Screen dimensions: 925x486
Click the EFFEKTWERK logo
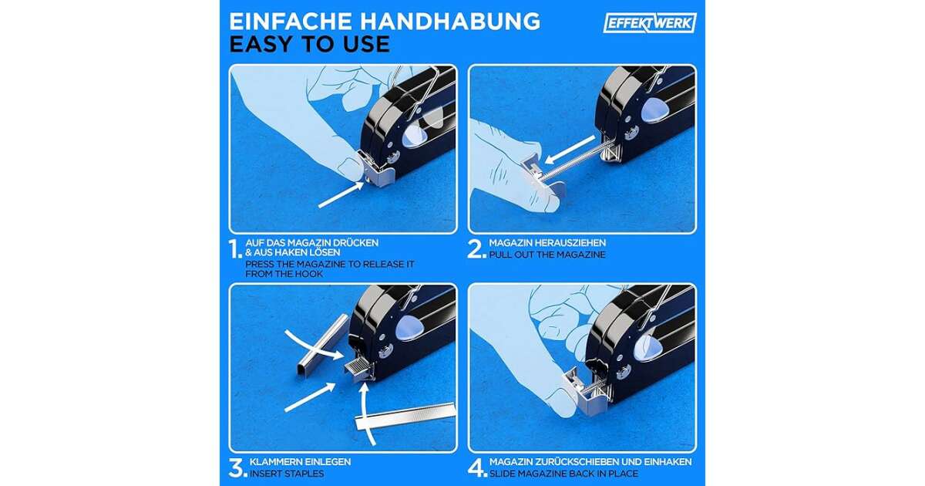(x=650, y=22)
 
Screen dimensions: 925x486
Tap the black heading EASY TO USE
(x=310, y=44)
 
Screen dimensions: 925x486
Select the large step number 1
(x=235, y=249)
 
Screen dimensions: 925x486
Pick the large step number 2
(x=476, y=249)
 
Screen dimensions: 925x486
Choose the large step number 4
(x=477, y=468)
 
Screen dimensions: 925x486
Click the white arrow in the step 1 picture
(x=341, y=194)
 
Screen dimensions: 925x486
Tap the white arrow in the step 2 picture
(x=570, y=149)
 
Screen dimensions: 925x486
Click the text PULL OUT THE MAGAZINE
(x=547, y=255)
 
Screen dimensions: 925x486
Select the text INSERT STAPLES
(x=287, y=474)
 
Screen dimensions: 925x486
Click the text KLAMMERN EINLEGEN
(x=300, y=461)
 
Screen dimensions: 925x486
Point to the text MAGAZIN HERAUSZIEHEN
(x=547, y=242)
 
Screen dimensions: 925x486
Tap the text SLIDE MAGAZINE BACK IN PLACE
(x=563, y=474)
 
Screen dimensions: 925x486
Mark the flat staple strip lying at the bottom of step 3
(x=405, y=417)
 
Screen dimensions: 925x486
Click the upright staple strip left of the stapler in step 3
(x=323, y=344)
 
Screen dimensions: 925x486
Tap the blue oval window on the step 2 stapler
(x=654, y=110)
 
